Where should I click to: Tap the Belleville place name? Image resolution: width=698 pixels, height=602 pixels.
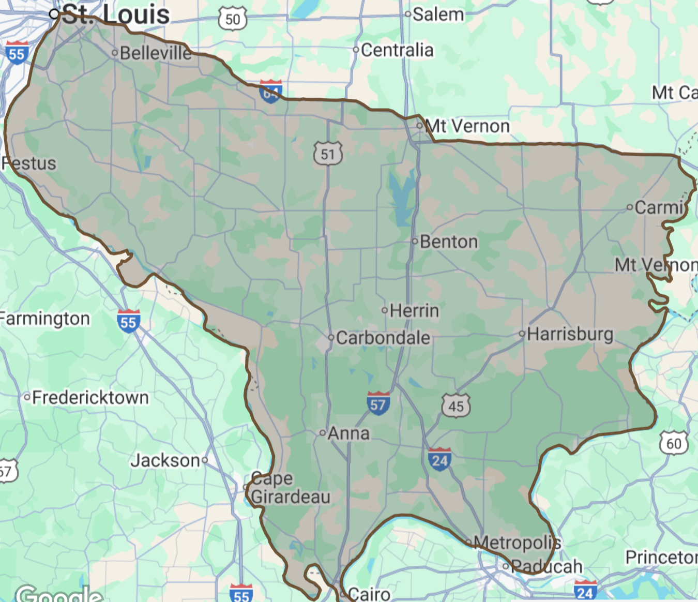[156, 53]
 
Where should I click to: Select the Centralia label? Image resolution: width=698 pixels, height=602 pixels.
[397, 50]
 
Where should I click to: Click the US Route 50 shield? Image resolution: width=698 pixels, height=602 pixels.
[233, 20]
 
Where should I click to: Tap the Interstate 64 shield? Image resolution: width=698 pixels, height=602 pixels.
[270, 92]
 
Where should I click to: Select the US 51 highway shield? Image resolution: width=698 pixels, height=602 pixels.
[328, 154]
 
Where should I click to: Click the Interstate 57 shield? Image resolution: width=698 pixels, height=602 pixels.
[378, 403]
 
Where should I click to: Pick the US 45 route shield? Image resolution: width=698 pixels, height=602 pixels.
[456, 405]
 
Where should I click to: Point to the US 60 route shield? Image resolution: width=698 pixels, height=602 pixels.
[674, 443]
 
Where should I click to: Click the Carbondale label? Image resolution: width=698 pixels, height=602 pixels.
[383, 338]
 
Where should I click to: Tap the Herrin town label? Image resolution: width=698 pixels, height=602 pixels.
[414, 310]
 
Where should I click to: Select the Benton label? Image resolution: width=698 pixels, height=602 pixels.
[449, 242]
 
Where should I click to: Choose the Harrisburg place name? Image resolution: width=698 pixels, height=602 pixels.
[570, 334]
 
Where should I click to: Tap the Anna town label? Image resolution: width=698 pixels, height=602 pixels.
[348, 433]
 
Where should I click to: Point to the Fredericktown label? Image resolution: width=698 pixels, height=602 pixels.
[90, 397]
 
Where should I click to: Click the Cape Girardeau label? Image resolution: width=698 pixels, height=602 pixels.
[290, 488]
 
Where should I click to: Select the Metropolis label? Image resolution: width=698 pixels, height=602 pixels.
[517, 543]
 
